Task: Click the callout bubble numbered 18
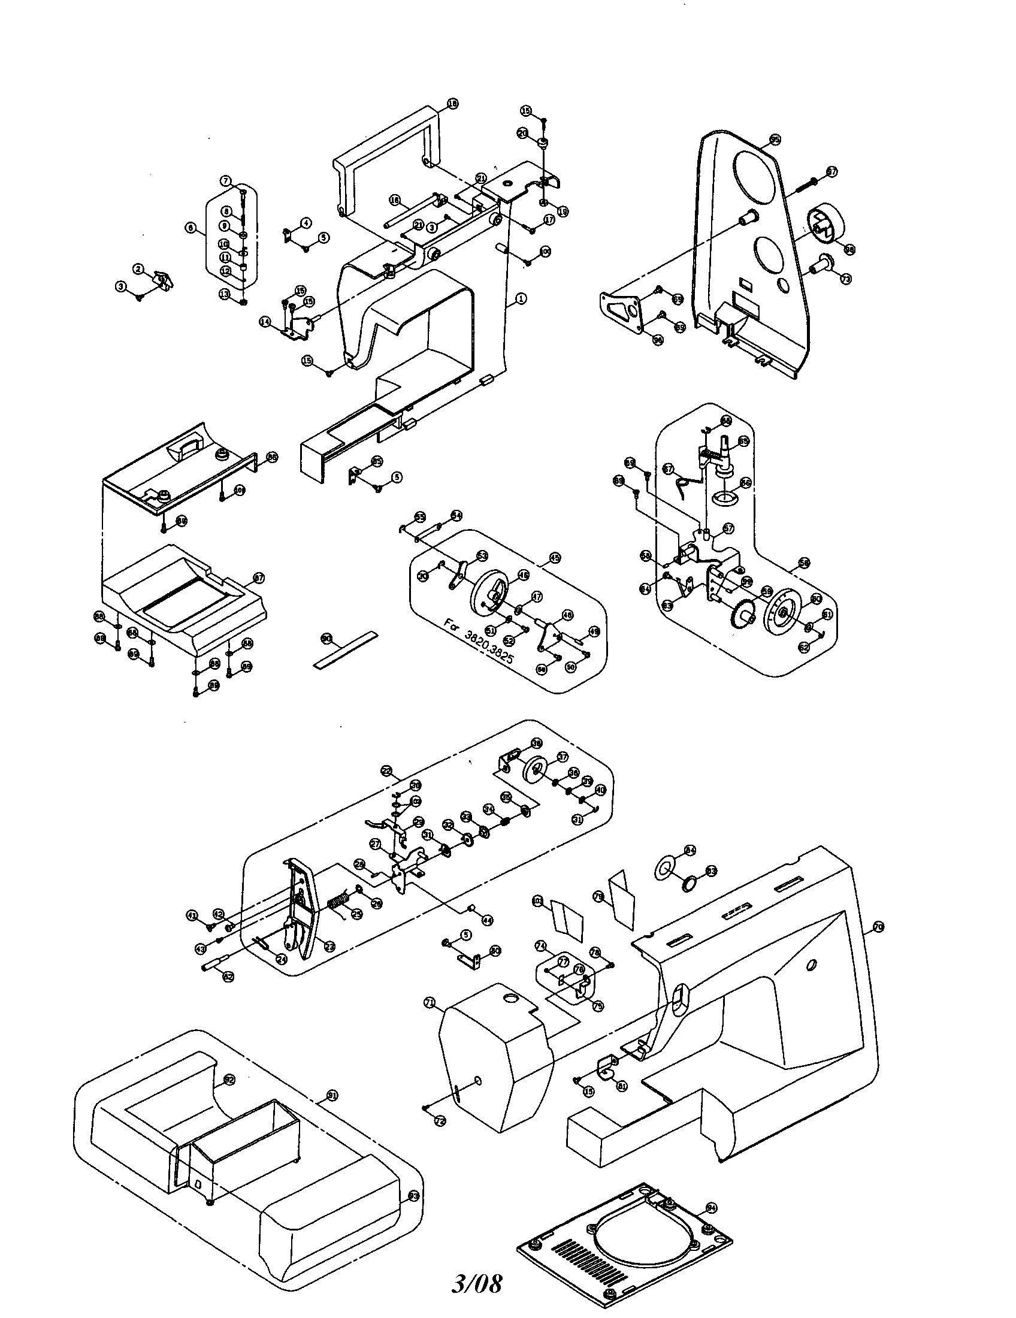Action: (x=452, y=104)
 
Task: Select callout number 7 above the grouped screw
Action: (x=225, y=180)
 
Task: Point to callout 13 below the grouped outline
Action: (x=225, y=294)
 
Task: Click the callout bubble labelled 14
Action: (x=265, y=322)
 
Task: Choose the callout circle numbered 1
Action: (x=521, y=298)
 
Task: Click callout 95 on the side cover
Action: (x=775, y=140)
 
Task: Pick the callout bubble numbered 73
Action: (x=845, y=279)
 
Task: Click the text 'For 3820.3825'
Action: (x=479, y=641)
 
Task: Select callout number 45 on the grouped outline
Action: (x=555, y=558)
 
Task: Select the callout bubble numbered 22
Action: (x=388, y=770)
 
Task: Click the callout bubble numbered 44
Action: (x=487, y=921)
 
